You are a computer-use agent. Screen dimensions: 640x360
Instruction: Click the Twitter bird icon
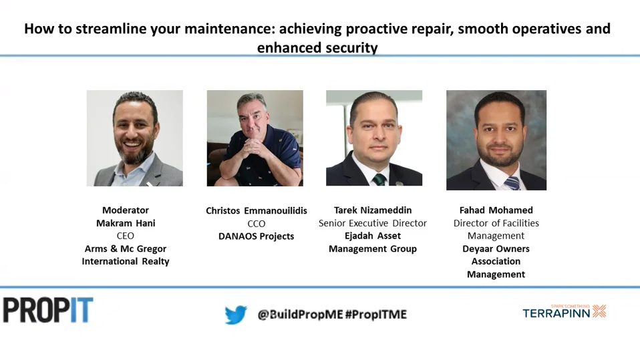click(236, 315)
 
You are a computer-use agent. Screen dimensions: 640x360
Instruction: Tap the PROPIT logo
click(48, 310)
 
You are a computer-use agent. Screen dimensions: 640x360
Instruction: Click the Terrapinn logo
click(565, 311)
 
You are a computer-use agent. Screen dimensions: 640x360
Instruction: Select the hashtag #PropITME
click(376, 315)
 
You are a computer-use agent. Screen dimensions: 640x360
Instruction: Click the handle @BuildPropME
click(301, 315)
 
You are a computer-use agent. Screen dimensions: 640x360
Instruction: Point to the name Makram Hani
click(126, 223)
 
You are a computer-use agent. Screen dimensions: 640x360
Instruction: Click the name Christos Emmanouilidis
click(257, 210)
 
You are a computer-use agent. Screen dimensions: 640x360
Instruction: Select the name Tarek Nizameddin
click(373, 210)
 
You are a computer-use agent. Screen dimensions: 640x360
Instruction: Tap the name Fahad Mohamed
click(496, 210)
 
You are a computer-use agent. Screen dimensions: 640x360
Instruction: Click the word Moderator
click(126, 210)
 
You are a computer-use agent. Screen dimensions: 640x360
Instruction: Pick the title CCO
click(257, 224)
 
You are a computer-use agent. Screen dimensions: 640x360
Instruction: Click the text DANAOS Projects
click(257, 236)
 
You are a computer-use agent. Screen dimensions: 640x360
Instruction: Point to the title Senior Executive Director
click(373, 223)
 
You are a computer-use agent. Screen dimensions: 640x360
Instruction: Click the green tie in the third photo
click(379, 180)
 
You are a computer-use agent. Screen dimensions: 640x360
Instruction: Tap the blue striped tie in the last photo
click(512, 183)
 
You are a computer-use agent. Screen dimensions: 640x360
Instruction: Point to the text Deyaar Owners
click(496, 249)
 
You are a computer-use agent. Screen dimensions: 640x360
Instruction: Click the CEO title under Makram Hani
click(126, 236)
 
